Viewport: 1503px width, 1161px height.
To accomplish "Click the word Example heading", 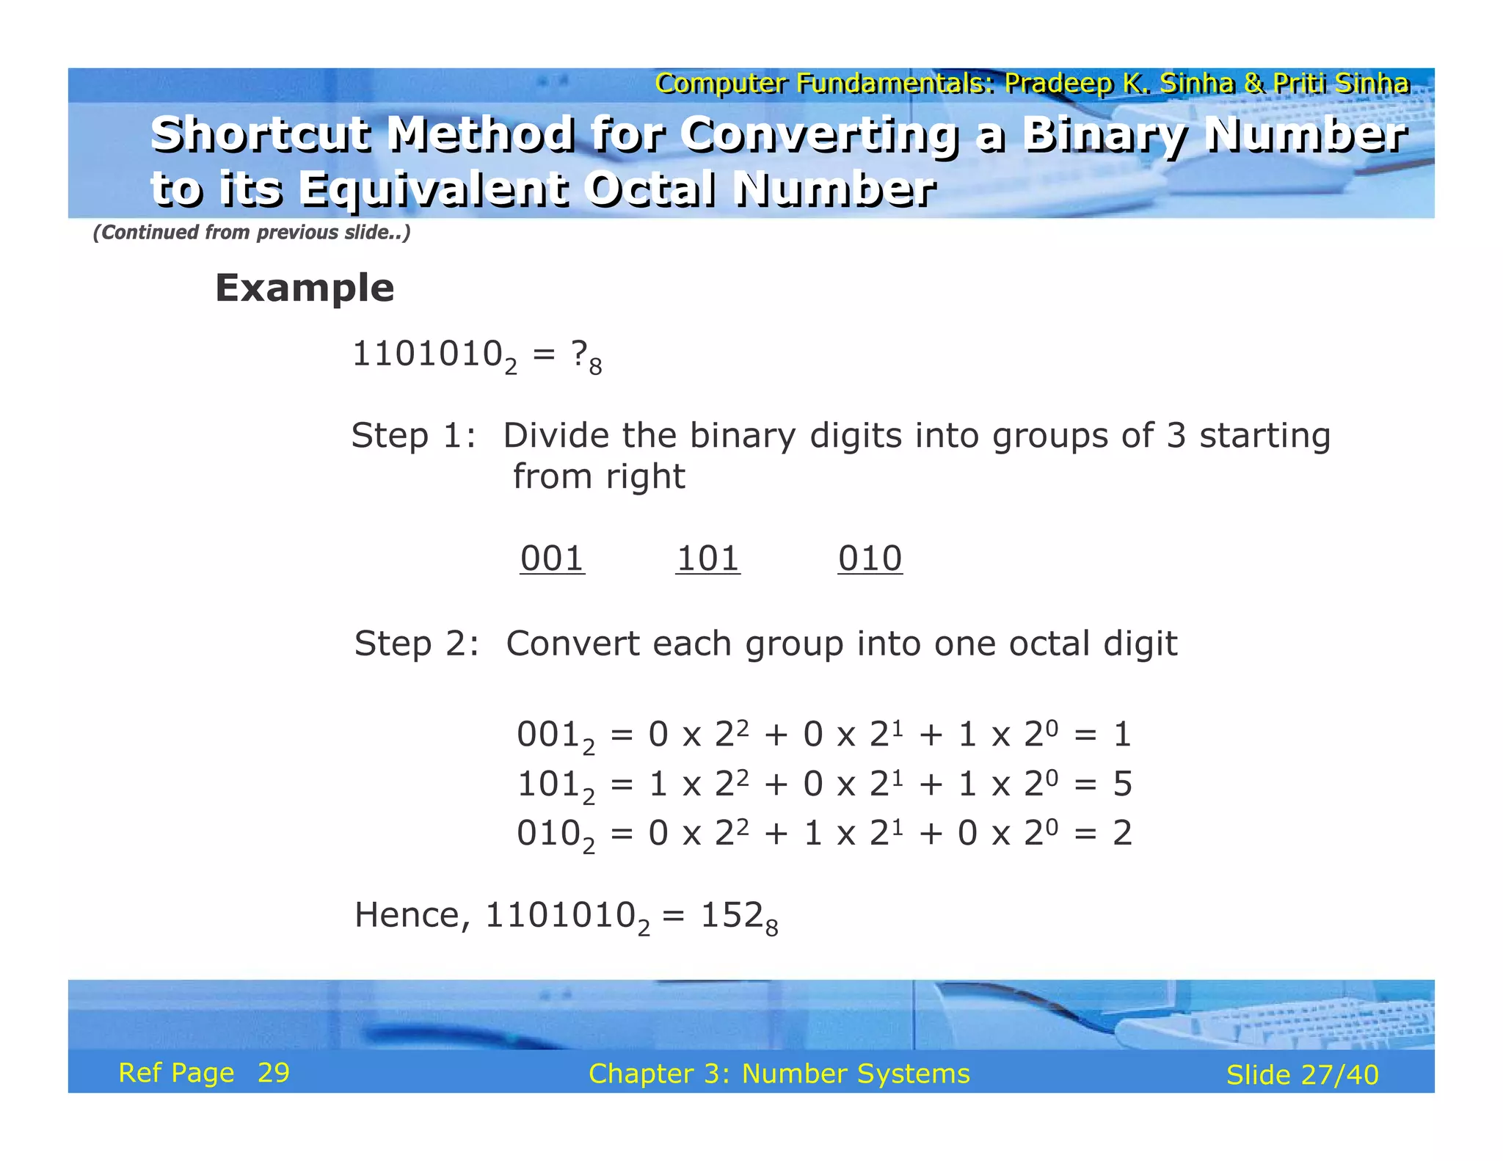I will pos(305,288).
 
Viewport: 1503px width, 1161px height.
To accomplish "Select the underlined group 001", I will pos(552,558).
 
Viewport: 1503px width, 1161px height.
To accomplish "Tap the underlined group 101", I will pos(707,558).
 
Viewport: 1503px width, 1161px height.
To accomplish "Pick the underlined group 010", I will pos(870,558).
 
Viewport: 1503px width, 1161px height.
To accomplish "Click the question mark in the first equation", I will pos(579,354).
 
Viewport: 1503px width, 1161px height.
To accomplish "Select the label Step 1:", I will pos(414,436).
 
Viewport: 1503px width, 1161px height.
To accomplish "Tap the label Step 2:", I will pos(417,644).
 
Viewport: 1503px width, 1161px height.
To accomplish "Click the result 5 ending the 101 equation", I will pos(1122,784).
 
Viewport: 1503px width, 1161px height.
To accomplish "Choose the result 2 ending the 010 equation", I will pos(1122,833).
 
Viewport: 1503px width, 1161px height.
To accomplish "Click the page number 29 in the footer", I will pos(274,1073).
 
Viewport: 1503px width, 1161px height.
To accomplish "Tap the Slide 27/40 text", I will pos(1303,1075).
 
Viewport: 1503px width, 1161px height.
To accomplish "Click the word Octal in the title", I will pos(651,189).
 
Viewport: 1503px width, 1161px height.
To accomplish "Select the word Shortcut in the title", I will pos(261,135).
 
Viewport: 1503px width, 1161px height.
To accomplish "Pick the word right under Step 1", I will pos(646,477).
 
